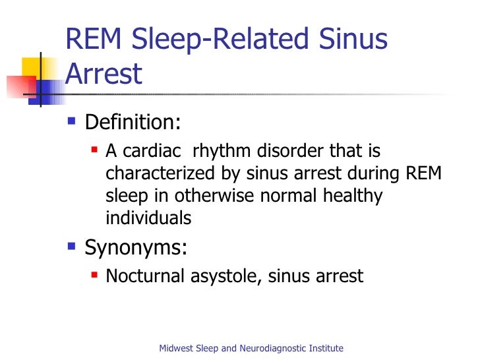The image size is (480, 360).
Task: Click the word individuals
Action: pos(148,218)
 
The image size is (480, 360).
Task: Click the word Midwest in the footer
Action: pos(177,348)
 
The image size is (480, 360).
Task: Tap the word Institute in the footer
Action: pos(326,348)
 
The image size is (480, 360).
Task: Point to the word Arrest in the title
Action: pos(104,75)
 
